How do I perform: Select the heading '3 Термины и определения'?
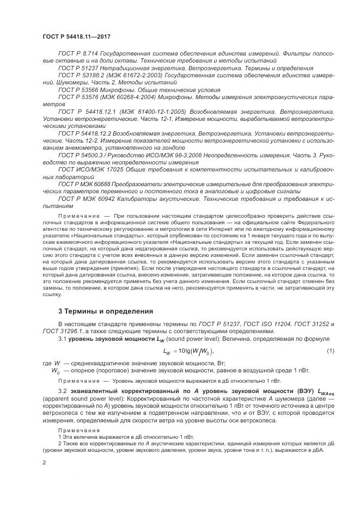101,311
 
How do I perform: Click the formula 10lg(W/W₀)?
193,351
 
